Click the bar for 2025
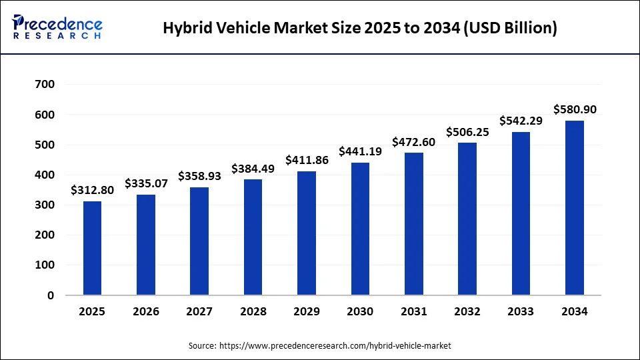93,248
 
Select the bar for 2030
360,229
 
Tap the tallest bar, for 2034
574,207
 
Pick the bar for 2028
253,237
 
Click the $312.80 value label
93,190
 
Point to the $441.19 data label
360,151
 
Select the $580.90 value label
574,109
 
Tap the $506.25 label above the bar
467,131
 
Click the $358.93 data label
199,176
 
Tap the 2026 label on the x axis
146,312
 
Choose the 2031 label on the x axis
413,312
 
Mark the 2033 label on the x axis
521,312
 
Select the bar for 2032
467,219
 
